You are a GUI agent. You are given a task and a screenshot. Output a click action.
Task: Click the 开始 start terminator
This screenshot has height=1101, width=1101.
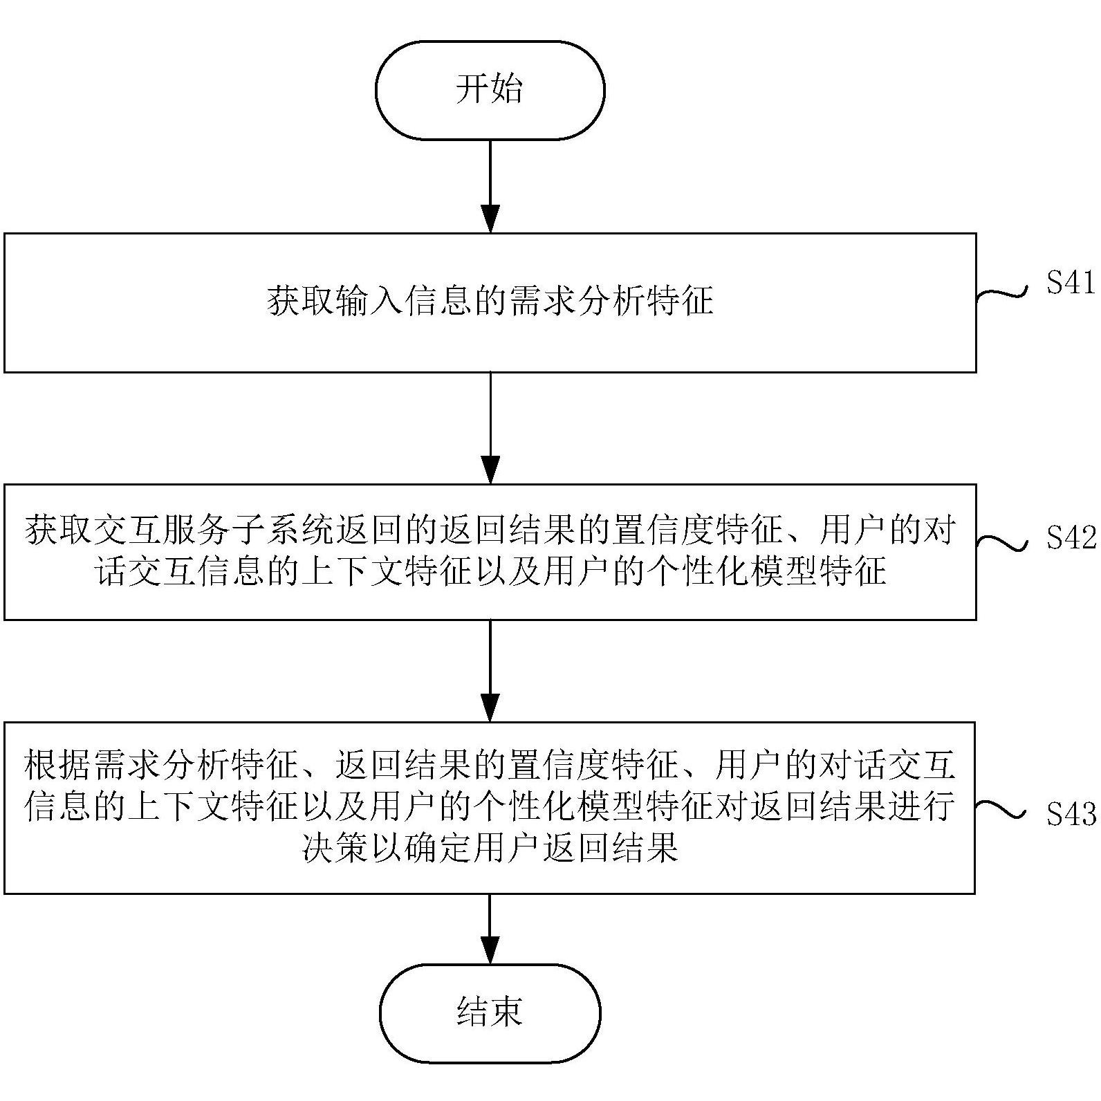point(490,90)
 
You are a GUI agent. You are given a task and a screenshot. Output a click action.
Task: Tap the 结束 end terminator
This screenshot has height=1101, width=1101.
point(490,1012)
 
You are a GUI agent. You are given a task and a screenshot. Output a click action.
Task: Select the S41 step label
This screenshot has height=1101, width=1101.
point(1070,283)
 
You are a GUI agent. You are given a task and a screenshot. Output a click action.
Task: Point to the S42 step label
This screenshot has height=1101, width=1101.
point(1070,537)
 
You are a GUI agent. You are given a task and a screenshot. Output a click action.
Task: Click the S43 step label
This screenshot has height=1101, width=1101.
point(1070,814)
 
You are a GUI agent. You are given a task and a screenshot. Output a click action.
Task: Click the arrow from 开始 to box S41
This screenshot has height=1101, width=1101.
point(490,187)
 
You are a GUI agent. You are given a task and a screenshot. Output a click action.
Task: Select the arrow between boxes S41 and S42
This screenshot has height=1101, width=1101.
point(490,429)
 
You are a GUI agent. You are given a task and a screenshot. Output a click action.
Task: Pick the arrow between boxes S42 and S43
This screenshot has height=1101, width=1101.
point(490,671)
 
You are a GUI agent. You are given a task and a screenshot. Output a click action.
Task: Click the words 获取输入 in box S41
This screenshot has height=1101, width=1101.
point(335,302)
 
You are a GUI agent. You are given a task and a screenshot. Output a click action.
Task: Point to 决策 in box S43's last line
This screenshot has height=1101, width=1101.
point(335,846)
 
